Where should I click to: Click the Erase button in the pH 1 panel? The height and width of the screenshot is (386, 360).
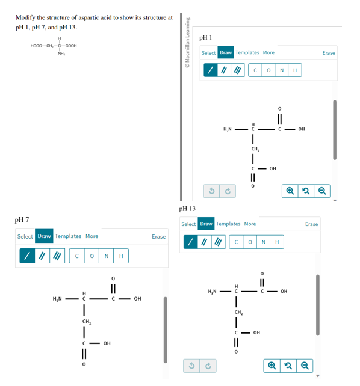tap(329, 53)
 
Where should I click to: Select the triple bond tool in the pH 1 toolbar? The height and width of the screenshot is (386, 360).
tap(238, 70)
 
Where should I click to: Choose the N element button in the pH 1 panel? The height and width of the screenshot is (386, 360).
tap(282, 70)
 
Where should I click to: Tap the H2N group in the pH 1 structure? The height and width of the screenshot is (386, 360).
tap(228, 129)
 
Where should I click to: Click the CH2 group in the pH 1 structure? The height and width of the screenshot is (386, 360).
tap(255, 149)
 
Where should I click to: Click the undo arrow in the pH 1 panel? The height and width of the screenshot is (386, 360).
tap(211, 191)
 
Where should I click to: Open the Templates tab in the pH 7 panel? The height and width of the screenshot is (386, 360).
tap(68, 236)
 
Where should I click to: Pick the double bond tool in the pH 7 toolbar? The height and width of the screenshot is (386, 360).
tap(42, 256)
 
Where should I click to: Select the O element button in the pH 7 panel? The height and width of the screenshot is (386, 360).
tap(92, 256)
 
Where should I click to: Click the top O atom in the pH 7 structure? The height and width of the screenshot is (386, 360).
tap(113, 278)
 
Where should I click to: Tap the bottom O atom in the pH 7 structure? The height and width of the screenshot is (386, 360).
tap(84, 364)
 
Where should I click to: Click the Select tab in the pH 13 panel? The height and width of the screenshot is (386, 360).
tap(188, 224)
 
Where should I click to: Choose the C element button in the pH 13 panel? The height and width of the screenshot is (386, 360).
tap(236, 242)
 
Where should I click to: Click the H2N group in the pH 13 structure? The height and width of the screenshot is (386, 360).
tap(212, 292)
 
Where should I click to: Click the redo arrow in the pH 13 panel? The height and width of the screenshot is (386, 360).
tap(208, 366)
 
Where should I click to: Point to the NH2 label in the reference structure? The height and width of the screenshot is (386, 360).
tap(61, 54)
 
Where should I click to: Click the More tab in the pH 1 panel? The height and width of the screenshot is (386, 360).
tap(268, 52)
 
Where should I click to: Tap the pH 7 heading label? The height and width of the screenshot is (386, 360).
tap(22, 219)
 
